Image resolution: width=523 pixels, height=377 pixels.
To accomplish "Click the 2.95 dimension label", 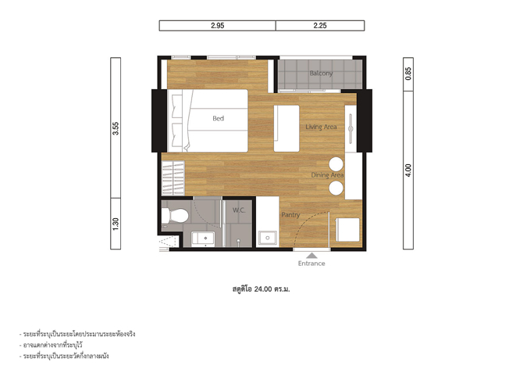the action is coord(218,26).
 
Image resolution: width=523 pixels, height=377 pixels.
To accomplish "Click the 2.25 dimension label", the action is coord(320,26).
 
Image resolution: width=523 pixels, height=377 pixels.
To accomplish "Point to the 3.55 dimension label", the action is coord(116,128).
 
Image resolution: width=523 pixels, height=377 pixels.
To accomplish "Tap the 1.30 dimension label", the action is coord(116,224).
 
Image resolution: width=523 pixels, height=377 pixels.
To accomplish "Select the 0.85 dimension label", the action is coord(408,74).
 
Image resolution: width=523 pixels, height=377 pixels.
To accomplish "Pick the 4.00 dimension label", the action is coord(408,171).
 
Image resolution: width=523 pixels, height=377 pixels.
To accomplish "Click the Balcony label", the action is coord(321,74).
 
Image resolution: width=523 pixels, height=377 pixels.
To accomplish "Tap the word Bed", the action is coord(218,118).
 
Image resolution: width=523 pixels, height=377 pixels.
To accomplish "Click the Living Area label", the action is coord(321,127).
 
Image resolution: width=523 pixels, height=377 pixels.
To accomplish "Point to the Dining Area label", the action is coord(327,175).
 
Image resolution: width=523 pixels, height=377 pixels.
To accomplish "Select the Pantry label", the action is coord(290,215).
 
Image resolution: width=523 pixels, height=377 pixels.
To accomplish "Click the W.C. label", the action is coord(239,210).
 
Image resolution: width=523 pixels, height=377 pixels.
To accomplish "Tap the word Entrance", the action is coord(311,264).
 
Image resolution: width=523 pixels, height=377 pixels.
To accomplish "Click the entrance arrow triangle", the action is coord(312,256).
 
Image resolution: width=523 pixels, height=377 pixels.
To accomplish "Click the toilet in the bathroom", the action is coord(175,216).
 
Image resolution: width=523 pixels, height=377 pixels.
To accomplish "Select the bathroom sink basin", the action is coord(203,239).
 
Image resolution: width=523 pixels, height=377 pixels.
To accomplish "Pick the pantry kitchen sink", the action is coord(268,238).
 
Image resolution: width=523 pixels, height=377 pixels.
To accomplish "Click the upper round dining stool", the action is coord(336,164).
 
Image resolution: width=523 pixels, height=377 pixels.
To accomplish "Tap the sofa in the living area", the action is coord(286,129).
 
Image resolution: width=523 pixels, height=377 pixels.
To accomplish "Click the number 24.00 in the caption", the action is coord(263,289).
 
